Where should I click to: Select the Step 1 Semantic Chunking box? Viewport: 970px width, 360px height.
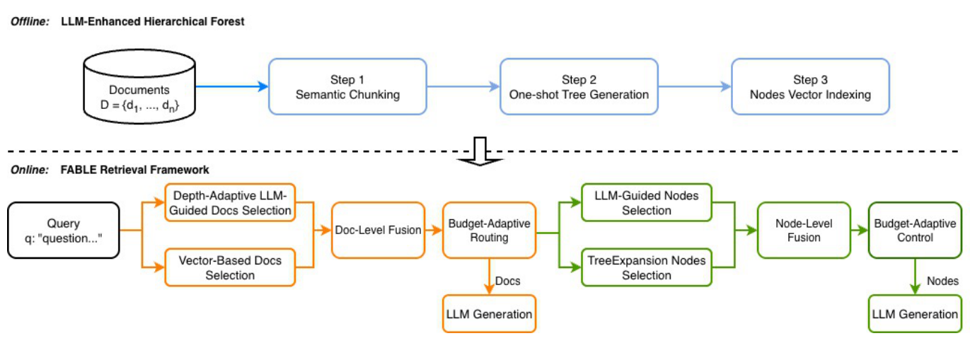click(x=347, y=87)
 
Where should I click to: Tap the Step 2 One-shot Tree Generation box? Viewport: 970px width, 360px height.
click(x=579, y=87)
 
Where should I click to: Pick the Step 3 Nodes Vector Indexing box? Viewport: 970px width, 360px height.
click(x=810, y=87)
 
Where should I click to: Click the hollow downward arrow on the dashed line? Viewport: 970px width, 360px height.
click(x=480, y=151)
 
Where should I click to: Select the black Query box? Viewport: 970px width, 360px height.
click(x=64, y=230)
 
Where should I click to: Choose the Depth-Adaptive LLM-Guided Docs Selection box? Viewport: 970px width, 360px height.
click(x=230, y=202)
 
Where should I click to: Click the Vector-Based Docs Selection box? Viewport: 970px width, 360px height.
click(x=230, y=267)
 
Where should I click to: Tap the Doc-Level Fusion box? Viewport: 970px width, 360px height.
click(x=378, y=230)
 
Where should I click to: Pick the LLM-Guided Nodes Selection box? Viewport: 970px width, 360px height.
click(x=647, y=202)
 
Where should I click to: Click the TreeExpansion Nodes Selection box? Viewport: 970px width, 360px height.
click(x=647, y=267)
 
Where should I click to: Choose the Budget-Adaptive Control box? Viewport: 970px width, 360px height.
click(x=913, y=230)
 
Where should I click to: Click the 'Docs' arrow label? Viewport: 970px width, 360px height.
click(x=507, y=281)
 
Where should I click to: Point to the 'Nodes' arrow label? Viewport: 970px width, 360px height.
click(x=942, y=281)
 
